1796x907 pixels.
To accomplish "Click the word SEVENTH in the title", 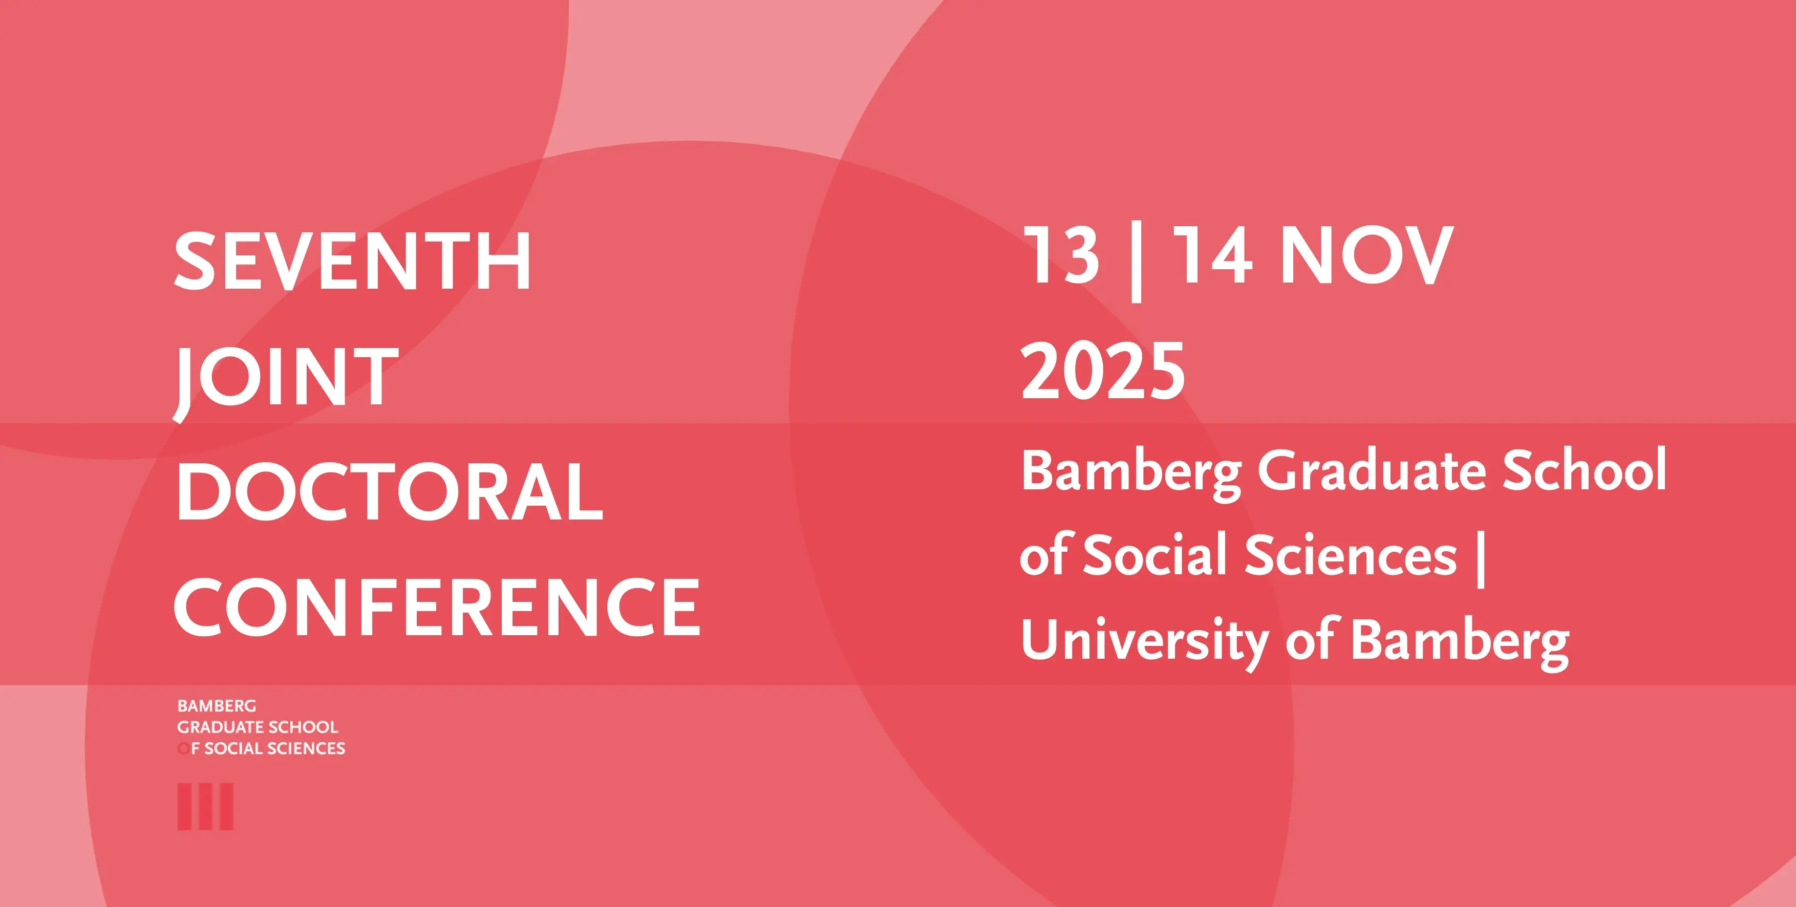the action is point(353,262).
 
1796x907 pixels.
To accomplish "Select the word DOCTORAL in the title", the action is point(389,491).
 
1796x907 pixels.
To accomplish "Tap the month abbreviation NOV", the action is point(1367,255).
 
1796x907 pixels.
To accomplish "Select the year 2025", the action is point(1103,371).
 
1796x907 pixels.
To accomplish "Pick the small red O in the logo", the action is point(183,749).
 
